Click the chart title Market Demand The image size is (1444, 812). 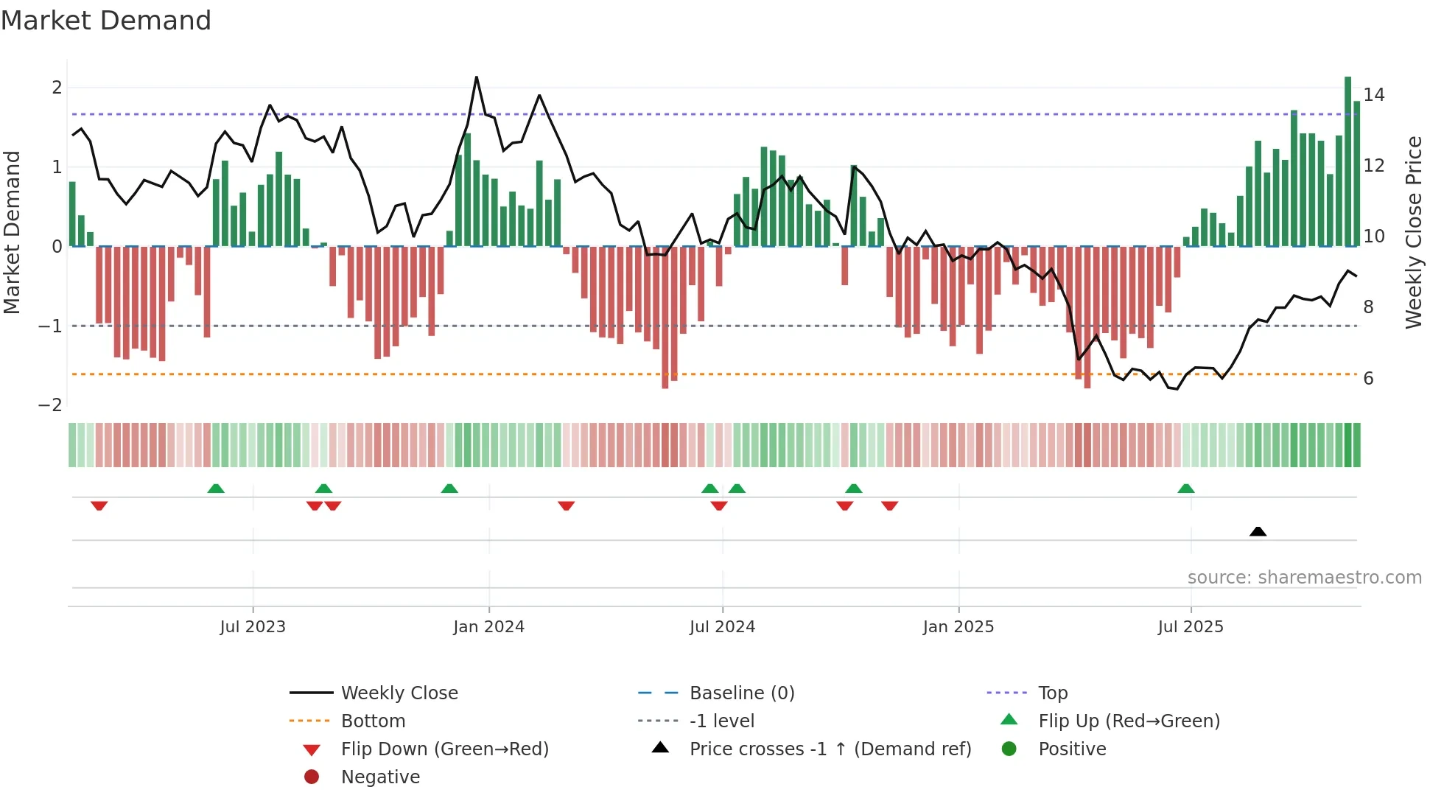tap(106, 21)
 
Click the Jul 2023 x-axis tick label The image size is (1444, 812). tap(253, 627)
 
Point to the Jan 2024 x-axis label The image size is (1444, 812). tap(488, 627)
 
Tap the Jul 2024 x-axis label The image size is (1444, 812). tap(722, 627)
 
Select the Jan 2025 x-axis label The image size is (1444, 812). tap(958, 627)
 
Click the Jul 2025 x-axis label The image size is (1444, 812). tap(1191, 627)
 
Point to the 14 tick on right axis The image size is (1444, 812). tap(1373, 95)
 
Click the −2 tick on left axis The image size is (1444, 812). tap(51, 405)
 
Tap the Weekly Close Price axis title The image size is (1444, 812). tap(1413, 232)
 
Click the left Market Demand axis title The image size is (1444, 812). tap(12, 232)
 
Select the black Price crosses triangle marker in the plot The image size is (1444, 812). tap(1258, 531)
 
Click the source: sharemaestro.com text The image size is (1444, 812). tap(1304, 578)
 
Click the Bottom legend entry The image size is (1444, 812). tap(373, 721)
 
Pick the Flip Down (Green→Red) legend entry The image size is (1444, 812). tap(444, 749)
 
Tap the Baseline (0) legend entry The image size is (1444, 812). tap(742, 693)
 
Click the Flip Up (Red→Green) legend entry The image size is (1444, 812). tap(1129, 721)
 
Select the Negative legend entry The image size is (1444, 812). tap(380, 777)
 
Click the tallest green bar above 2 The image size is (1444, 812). tap(1347, 162)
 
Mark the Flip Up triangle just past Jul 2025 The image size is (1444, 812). tap(1186, 489)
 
